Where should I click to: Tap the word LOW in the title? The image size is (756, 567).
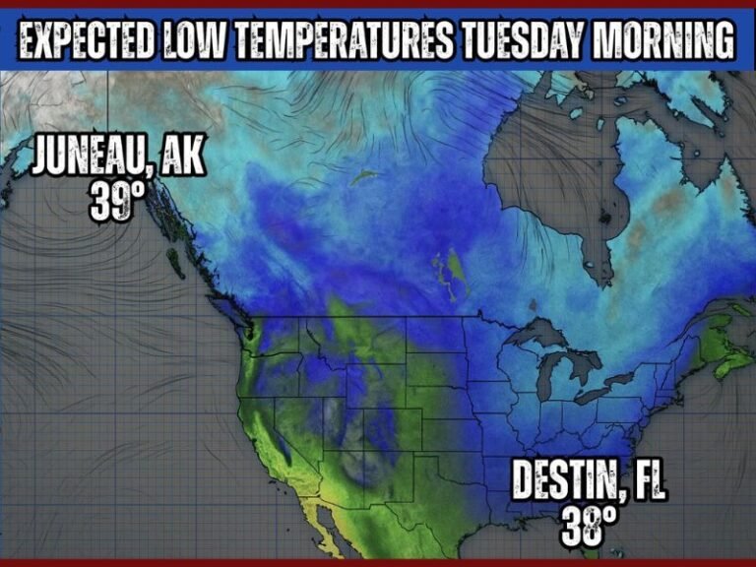click(x=210, y=41)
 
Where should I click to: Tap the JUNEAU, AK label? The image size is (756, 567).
click(x=118, y=157)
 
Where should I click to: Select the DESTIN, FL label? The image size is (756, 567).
click(x=588, y=483)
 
